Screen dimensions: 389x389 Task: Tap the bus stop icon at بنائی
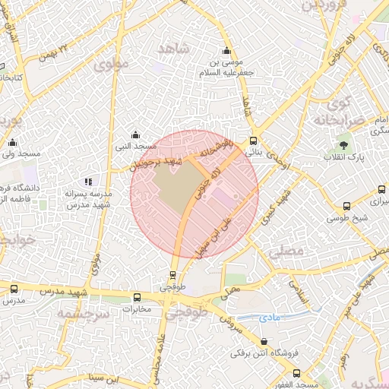[x=253, y=141]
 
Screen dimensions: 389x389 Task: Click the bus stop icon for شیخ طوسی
[x=347, y=206]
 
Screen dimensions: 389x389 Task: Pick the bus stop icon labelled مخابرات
[x=137, y=298]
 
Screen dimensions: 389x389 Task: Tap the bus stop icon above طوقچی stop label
[x=173, y=276]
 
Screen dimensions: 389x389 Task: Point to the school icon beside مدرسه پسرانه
[x=89, y=182]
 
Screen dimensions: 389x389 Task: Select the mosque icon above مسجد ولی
[x=12, y=143]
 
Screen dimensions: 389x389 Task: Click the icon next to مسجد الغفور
[x=296, y=373]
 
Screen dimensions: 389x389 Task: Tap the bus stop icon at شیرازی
[x=378, y=190]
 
